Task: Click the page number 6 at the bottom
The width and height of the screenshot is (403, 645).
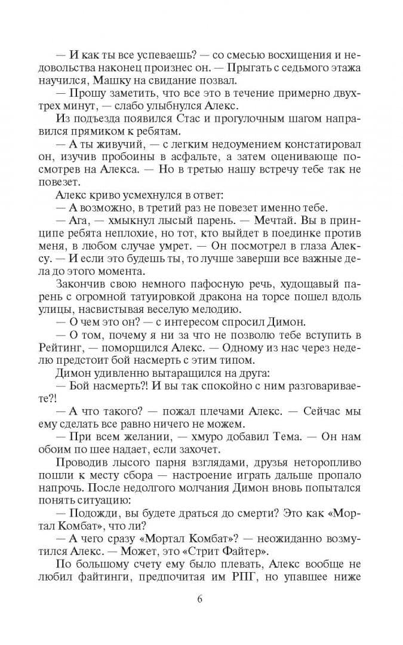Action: pyautogui.click(x=201, y=600)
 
